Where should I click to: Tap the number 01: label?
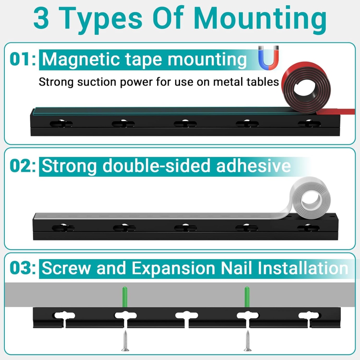point(23,60)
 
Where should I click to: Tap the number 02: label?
point(23,166)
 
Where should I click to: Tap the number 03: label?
point(23,268)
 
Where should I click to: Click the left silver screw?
point(125,341)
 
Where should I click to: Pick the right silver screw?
point(248,341)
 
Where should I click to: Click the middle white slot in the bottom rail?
point(186,316)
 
